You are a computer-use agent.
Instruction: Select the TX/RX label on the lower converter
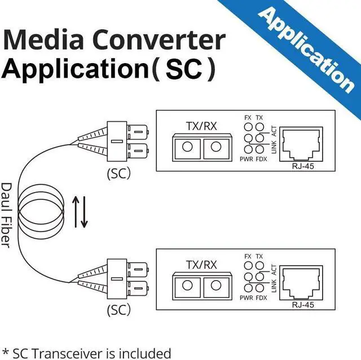(x=201, y=264)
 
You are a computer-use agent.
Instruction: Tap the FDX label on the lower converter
(x=261, y=297)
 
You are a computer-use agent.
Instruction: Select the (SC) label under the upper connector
(x=118, y=174)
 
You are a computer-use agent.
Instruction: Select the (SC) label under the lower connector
(x=118, y=309)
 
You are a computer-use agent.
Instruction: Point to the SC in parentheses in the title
(x=184, y=70)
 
